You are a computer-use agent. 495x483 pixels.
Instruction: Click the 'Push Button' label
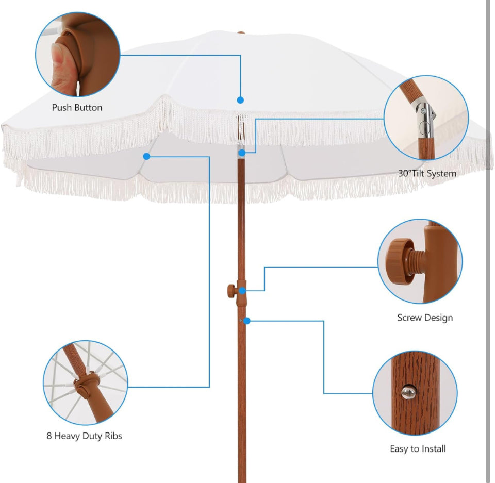tap(77, 108)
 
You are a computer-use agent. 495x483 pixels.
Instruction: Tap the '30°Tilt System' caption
tap(427, 174)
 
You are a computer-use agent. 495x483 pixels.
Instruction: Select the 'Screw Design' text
tap(425, 318)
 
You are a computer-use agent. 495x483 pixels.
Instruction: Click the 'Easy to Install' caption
tap(418, 449)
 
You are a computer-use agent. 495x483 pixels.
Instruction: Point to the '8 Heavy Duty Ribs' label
tap(84, 436)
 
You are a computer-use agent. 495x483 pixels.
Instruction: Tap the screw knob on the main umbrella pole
tap(229, 290)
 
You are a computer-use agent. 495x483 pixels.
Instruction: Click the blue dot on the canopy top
tap(240, 100)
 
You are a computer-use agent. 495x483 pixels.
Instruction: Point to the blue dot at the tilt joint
tap(241, 153)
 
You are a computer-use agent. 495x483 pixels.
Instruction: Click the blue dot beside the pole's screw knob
tap(242, 291)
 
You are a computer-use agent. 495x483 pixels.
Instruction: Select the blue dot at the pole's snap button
tap(247, 321)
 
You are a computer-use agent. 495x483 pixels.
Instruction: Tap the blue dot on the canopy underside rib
tap(146, 156)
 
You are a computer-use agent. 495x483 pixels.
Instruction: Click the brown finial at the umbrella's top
tap(241, 34)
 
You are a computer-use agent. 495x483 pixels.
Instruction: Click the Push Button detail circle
tap(78, 54)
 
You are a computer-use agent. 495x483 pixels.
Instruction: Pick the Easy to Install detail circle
tap(415, 393)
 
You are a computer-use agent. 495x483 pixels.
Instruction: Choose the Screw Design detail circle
tap(420, 261)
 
